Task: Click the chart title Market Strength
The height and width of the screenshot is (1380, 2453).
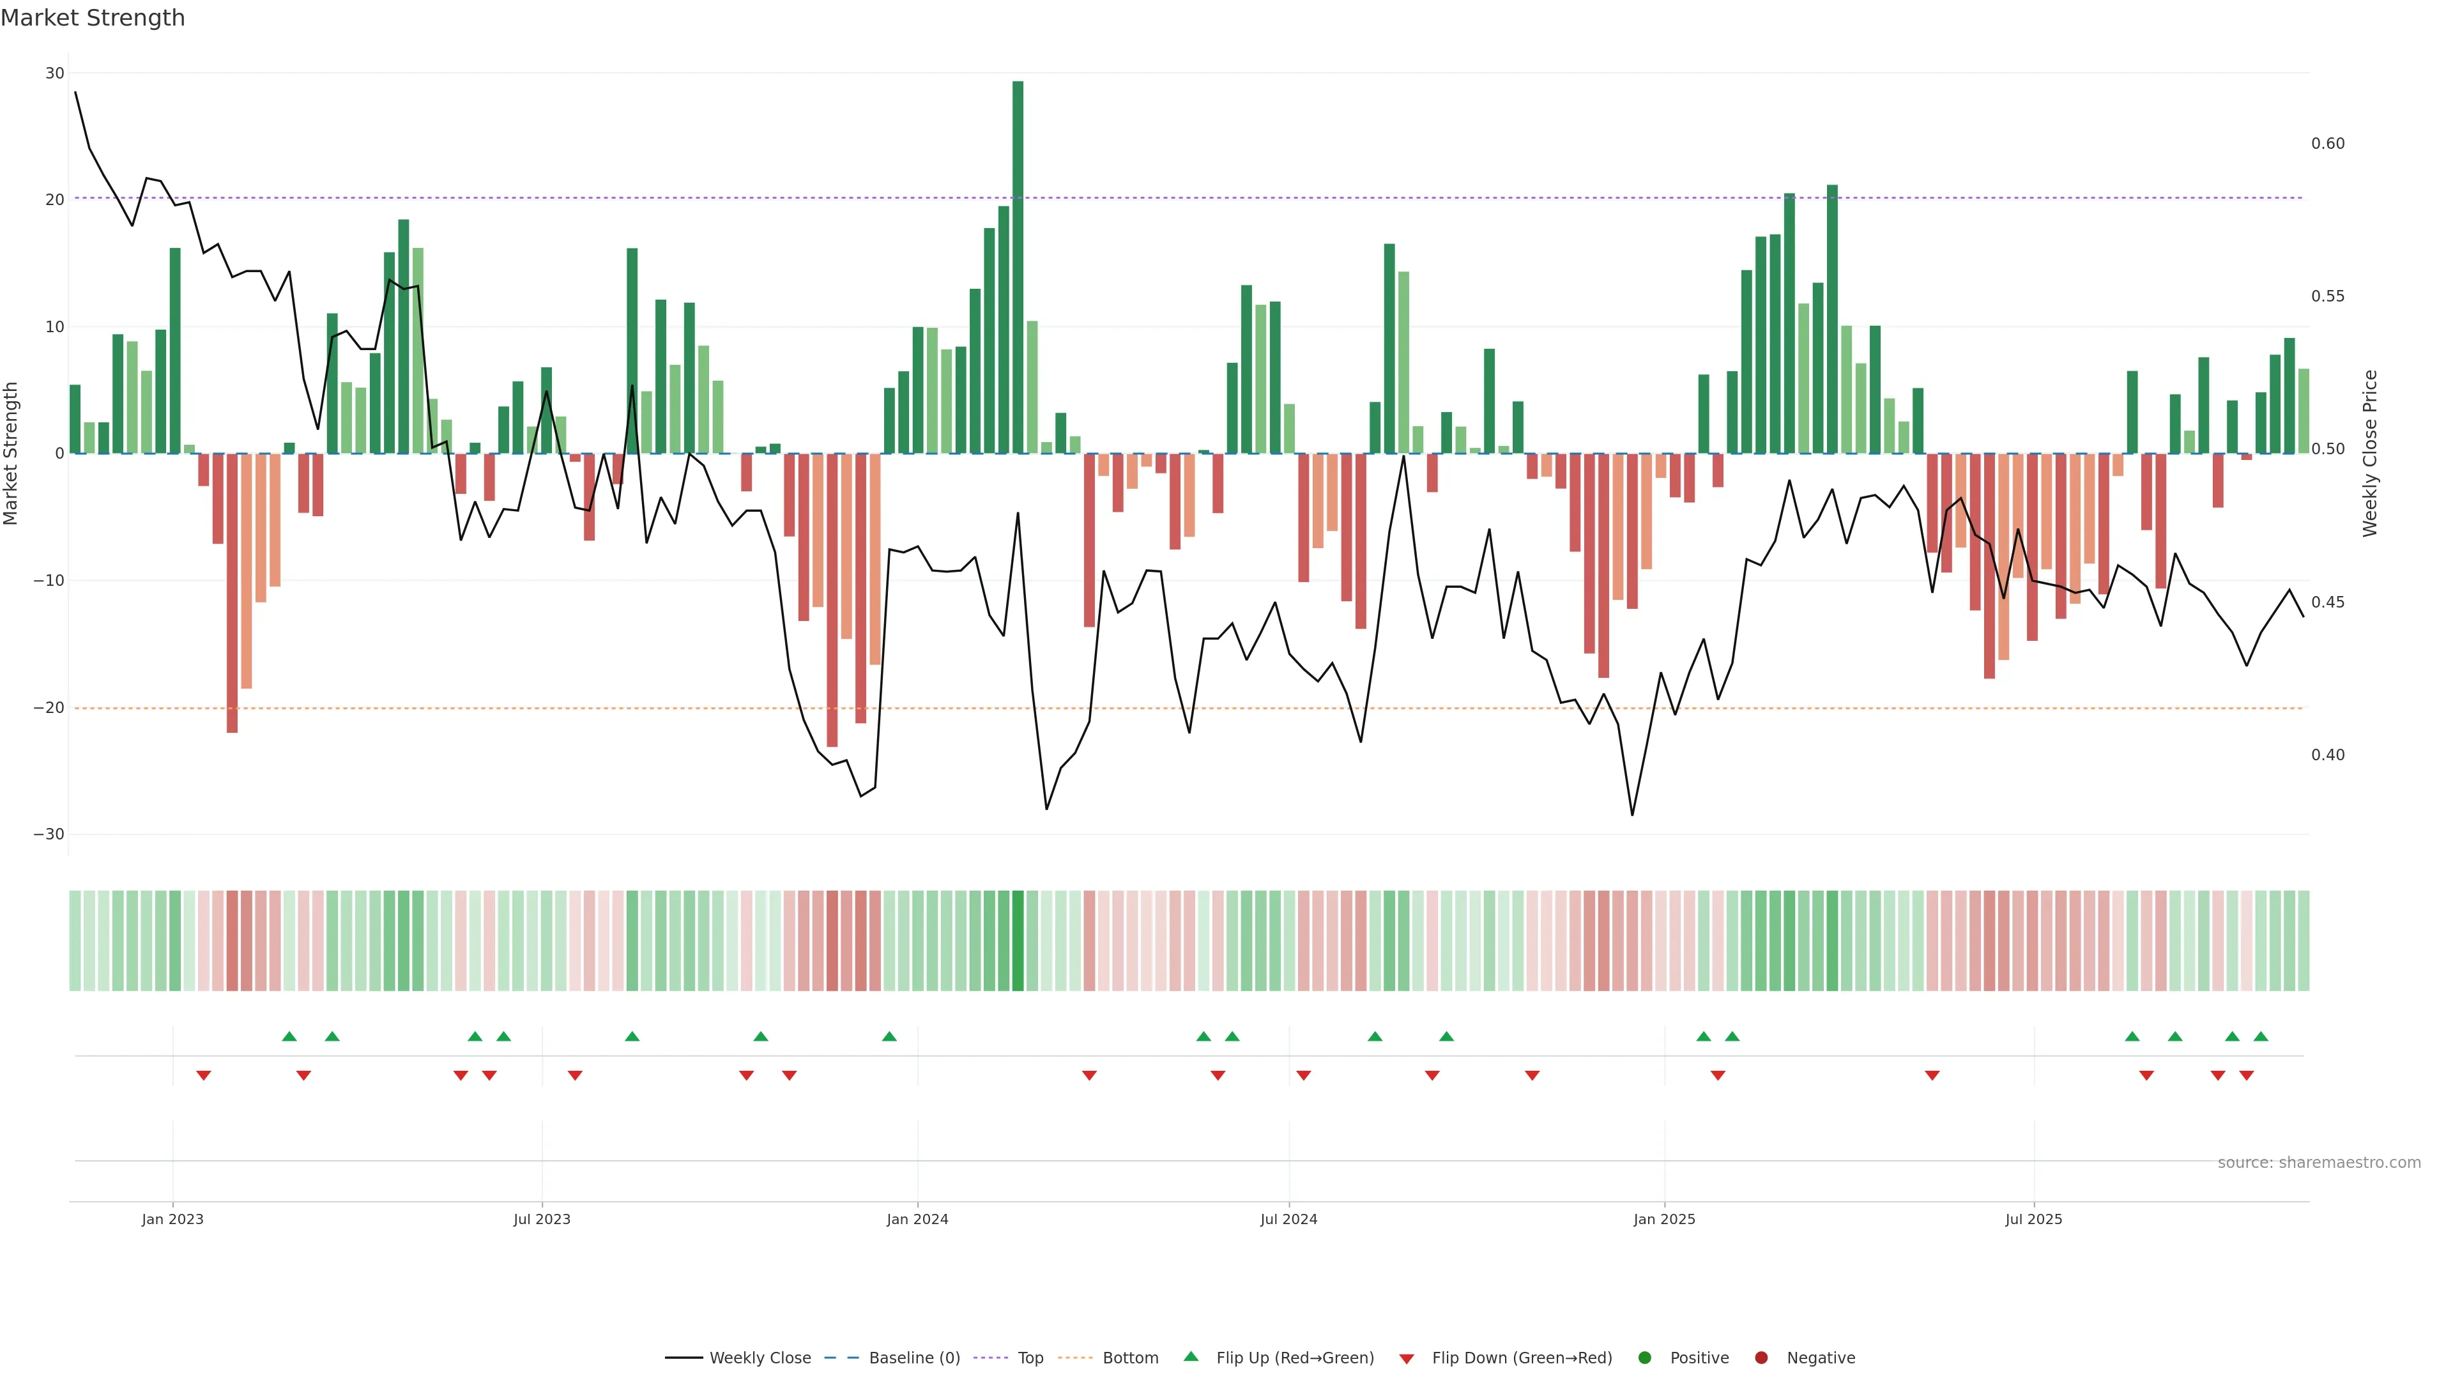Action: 93,18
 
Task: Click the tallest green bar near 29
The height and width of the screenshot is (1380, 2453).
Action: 1018,266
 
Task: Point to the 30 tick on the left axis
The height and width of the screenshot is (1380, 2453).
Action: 54,73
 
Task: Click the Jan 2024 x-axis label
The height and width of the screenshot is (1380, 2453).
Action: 917,1219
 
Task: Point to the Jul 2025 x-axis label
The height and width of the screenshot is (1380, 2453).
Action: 2033,1219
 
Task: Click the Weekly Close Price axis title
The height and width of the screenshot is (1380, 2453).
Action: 2370,454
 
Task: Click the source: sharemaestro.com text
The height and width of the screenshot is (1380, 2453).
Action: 2319,1163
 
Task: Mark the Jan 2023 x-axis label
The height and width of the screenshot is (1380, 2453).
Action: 172,1219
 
